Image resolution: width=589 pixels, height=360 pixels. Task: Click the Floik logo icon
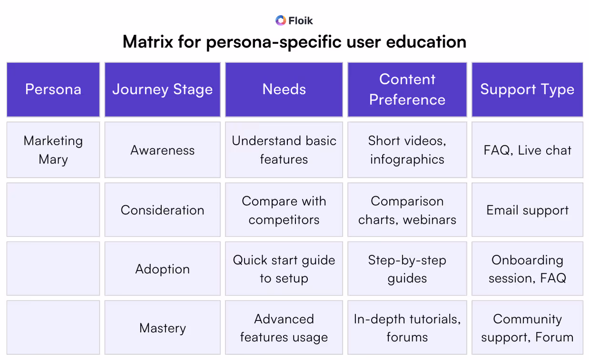(x=281, y=20)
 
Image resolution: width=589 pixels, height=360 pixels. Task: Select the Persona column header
(x=53, y=90)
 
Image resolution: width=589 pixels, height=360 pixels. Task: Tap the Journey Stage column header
(x=162, y=90)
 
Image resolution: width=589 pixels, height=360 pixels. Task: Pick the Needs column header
(x=284, y=90)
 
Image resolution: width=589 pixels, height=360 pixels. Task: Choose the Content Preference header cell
(x=407, y=90)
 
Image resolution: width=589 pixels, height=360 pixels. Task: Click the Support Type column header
(x=527, y=90)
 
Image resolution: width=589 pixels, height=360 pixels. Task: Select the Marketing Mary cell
(x=53, y=150)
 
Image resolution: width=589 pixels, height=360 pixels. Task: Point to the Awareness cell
(x=162, y=150)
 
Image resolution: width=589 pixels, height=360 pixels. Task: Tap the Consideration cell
(x=162, y=210)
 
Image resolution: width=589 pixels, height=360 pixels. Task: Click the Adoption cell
(x=162, y=269)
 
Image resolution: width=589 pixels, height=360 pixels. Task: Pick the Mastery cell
(x=162, y=328)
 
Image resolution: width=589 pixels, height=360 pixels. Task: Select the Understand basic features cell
(x=284, y=150)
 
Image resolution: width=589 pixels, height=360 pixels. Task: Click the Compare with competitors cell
(x=284, y=210)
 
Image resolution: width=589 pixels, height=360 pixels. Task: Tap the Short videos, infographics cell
(x=407, y=150)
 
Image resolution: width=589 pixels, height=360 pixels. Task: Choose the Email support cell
(x=527, y=210)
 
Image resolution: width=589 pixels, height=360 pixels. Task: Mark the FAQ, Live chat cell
(x=527, y=150)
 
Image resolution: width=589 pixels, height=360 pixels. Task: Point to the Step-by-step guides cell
(x=407, y=269)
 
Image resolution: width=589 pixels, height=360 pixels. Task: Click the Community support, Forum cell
(x=527, y=328)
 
